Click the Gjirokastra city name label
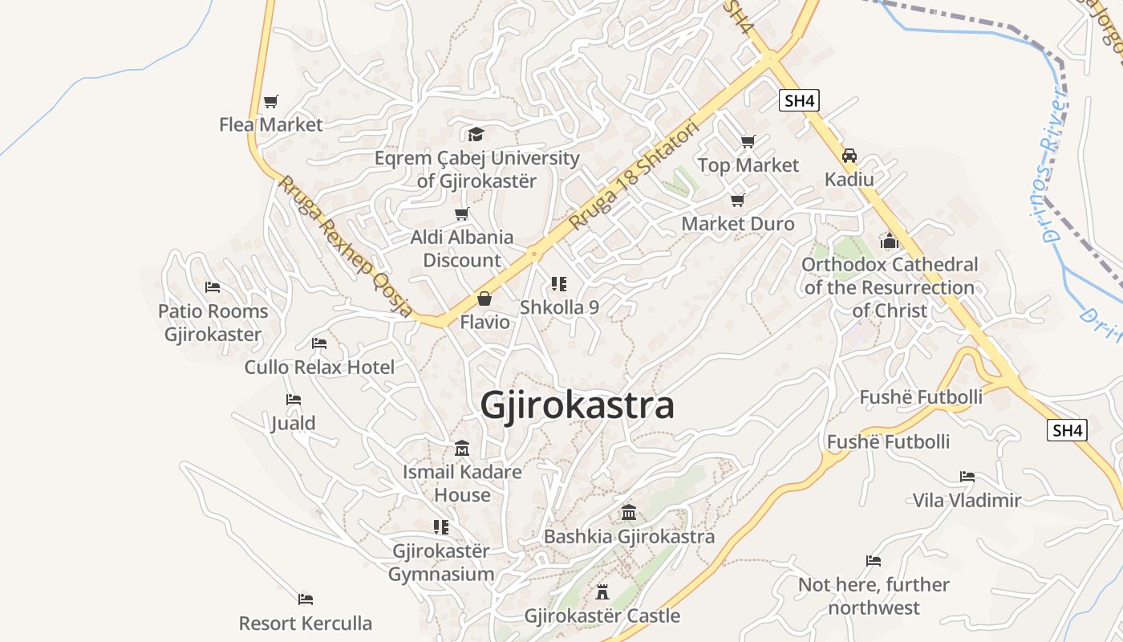pos(577,406)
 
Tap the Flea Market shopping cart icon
pos(271,102)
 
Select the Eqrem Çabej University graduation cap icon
pos(476,134)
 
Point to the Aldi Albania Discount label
pos(462,249)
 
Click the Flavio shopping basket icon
pos(484,299)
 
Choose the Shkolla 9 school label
pos(559,307)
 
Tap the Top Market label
pos(748,165)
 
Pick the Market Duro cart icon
pos(737,200)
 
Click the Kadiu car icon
pos(849,156)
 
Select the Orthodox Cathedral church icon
pos(889,241)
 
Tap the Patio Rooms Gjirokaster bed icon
pos(213,287)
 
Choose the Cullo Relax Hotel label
pos(319,368)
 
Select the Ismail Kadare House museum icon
pos(462,449)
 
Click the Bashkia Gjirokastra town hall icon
pos(629,512)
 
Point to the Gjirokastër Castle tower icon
pos(602,592)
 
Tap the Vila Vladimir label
pos(967,501)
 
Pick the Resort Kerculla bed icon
pos(305,599)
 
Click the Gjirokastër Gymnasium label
pos(441,563)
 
